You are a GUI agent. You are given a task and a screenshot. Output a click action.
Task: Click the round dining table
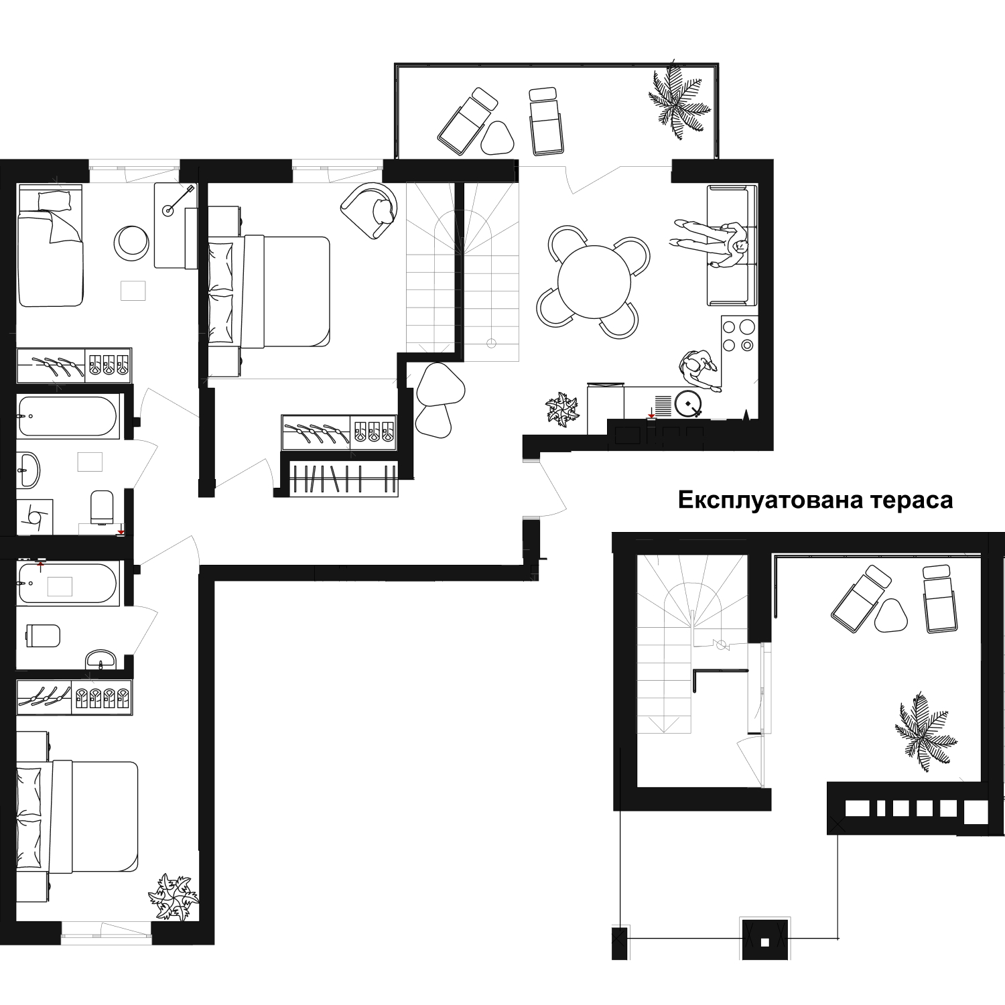click(x=594, y=281)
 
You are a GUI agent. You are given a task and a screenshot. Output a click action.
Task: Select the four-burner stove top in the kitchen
click(x=738, y=336)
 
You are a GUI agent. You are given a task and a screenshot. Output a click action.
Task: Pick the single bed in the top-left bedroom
click(x=50, y=245)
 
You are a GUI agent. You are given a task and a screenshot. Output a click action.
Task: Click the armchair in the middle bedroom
click(x=369, y=209)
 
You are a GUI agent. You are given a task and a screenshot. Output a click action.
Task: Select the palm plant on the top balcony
click(x=677, y=101)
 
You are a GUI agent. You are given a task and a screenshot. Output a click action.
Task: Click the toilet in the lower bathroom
click(x=44, y=635)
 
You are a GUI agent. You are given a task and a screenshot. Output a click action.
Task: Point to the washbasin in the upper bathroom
click(x=29, y=468)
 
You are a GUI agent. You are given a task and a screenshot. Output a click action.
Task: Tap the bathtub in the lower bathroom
click(x=69, y=584)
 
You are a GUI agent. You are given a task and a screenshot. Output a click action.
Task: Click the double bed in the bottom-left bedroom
click(x=77, y=817)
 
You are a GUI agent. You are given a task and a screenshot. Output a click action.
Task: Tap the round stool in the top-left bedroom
click(x=132, y=242)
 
